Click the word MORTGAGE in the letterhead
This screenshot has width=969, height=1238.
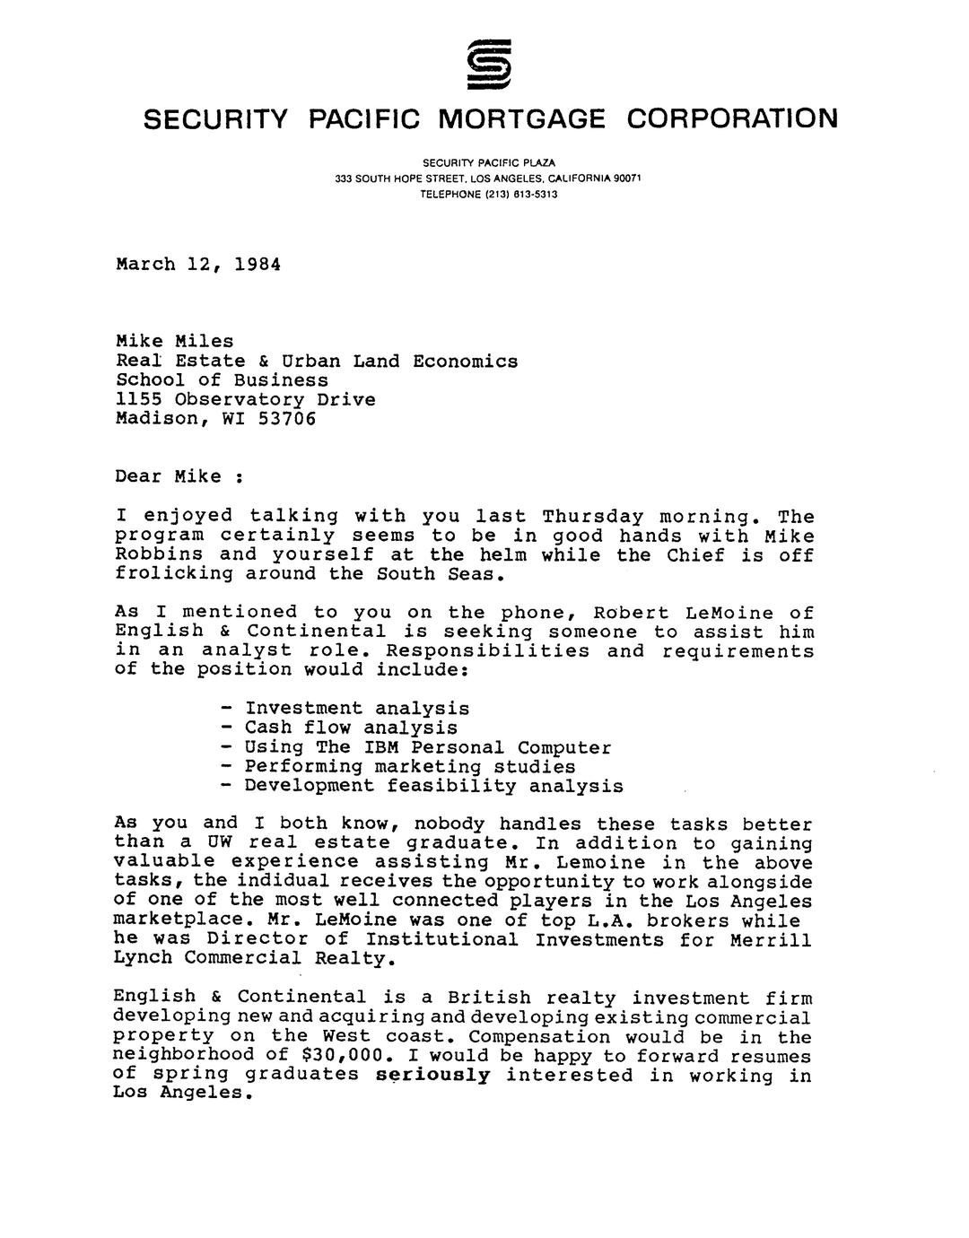[522, 118]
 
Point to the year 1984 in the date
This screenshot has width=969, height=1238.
[257, 265]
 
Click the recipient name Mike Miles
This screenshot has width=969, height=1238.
[175, 341]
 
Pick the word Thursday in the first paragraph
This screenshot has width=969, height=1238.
[593, 517]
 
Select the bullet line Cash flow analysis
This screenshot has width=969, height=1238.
[351, 728]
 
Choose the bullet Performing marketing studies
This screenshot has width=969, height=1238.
[410, 767]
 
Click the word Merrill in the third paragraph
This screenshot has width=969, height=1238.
[769, 940]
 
